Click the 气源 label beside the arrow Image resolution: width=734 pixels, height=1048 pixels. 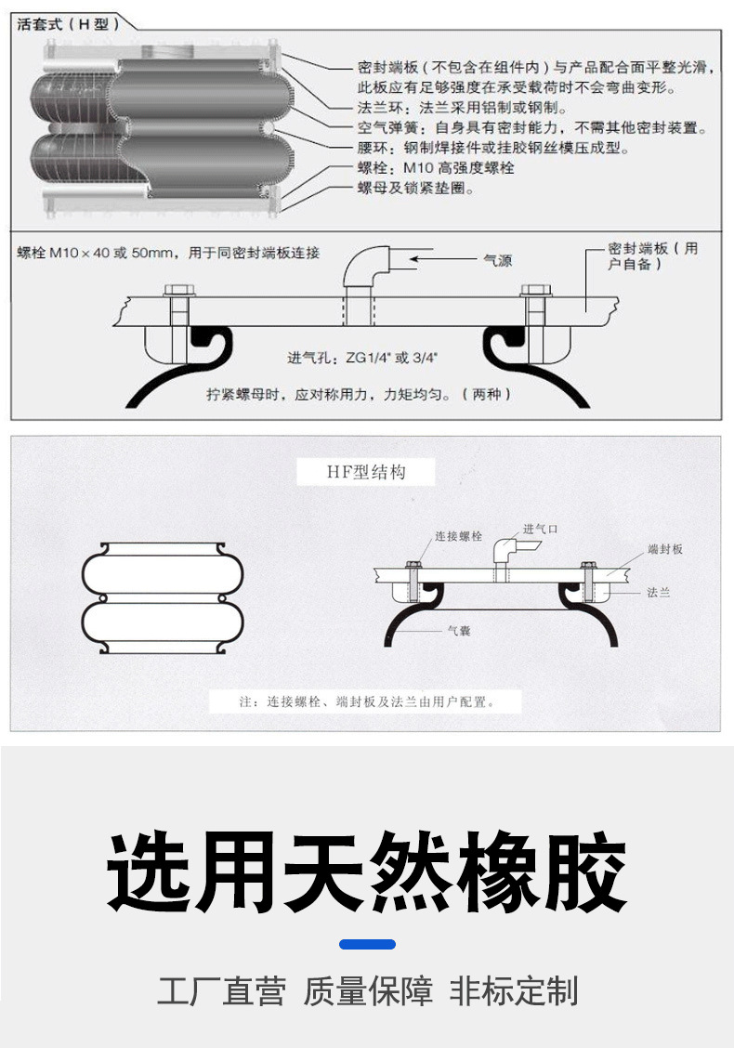pos(497,261)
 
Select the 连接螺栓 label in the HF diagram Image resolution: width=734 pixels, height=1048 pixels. pos(459,536)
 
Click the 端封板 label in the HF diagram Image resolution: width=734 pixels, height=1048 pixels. pos(665,549)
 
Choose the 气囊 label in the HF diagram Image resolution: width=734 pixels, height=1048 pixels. pos(459,631)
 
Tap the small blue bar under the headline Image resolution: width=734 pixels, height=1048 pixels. pos(367,944)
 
